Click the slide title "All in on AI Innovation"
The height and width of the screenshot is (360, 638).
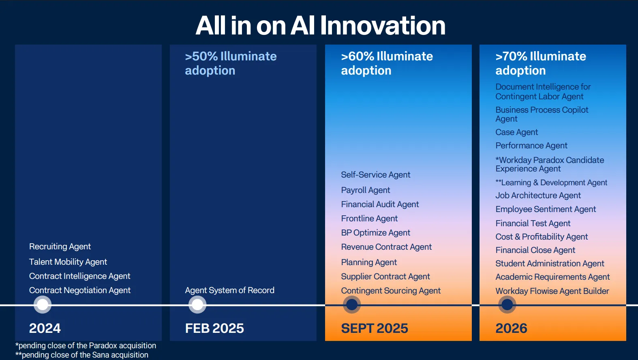click(x=321, y=26)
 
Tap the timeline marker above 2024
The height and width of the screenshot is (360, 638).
click(x=43, y=304)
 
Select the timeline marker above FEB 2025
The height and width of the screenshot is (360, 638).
click(x=197, y=304)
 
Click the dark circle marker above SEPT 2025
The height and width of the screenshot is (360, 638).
click(x=352, y=304)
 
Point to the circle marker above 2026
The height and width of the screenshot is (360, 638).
click(x=507, y=304)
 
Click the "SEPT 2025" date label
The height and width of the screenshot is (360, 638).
click(x=375, y=328)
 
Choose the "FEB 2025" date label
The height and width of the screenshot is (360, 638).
click(x=214, y=328)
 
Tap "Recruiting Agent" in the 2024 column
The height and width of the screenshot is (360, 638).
click(x=60, y=246)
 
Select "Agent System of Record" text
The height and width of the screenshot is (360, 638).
click(x=229, y=290)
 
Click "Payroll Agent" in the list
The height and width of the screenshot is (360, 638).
click(x=366, y=190)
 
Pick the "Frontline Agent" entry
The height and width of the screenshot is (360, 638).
click(x=369, y=219)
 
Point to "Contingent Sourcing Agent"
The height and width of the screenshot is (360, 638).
click(x=391, y=291)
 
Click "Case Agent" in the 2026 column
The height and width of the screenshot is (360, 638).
click(x=517, y=133)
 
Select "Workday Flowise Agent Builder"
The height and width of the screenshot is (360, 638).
click(x=552, y=291)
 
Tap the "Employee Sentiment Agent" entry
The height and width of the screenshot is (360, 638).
click(x=546, y=209)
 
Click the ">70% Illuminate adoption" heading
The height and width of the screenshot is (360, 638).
click(x=541, y=63)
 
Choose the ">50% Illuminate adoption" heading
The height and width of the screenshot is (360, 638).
click(x=231, y=63)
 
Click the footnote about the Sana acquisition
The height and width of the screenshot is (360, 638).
click(x=82, y=355)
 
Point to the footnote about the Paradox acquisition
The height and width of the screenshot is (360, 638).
click(x=86, y=345)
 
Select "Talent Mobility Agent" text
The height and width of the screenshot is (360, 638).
click(x=68, y=262)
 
